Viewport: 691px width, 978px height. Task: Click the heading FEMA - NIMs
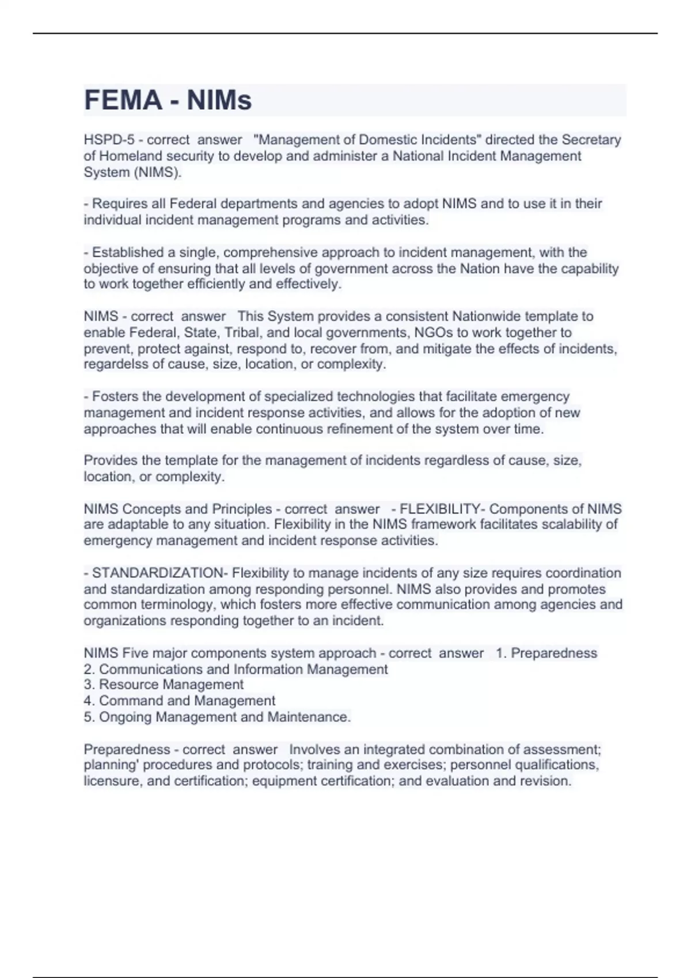click(x=168, y=100)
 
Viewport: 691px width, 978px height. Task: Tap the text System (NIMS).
click(x=132, y=172)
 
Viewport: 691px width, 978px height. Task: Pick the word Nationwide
click(x=487, y=316)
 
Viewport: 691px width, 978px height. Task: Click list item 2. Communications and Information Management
click(x=236, y=669)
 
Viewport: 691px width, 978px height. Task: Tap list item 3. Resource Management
click(x=164, y=685)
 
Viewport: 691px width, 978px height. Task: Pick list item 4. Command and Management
click(x=179, y=701)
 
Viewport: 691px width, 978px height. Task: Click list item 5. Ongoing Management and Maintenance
click(x=217, y=717)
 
